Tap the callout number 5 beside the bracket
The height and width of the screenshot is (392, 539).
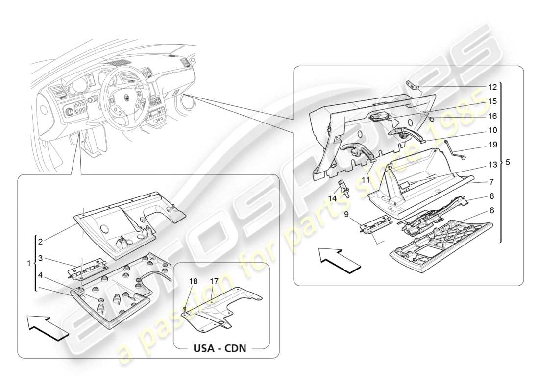coord(508,162)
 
